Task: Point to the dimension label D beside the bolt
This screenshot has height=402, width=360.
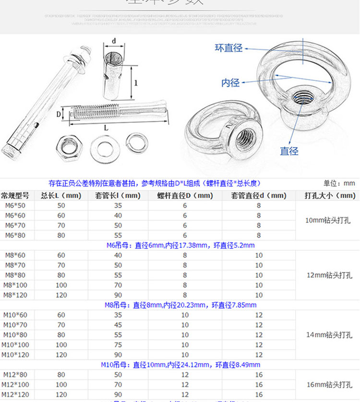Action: tap(59, 114)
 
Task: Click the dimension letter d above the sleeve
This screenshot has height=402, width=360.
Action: tap(114, 41)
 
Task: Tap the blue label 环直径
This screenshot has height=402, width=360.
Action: tap(228, 48)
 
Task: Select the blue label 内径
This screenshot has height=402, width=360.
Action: tap(230, 83)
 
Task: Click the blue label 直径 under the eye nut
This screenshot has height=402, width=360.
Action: tap(289, 151)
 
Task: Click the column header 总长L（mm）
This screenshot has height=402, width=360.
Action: tap(61, 196)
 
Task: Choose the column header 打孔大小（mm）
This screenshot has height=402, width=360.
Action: tap(330, 196)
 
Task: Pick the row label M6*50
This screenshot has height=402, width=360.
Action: tap(15, 206)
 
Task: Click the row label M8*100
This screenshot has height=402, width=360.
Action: tap(15, 285)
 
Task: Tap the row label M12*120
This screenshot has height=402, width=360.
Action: tap(15, 394)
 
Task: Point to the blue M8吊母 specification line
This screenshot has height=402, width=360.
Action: tap(180, 305)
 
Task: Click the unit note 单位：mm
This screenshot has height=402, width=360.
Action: tap(339, 183)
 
